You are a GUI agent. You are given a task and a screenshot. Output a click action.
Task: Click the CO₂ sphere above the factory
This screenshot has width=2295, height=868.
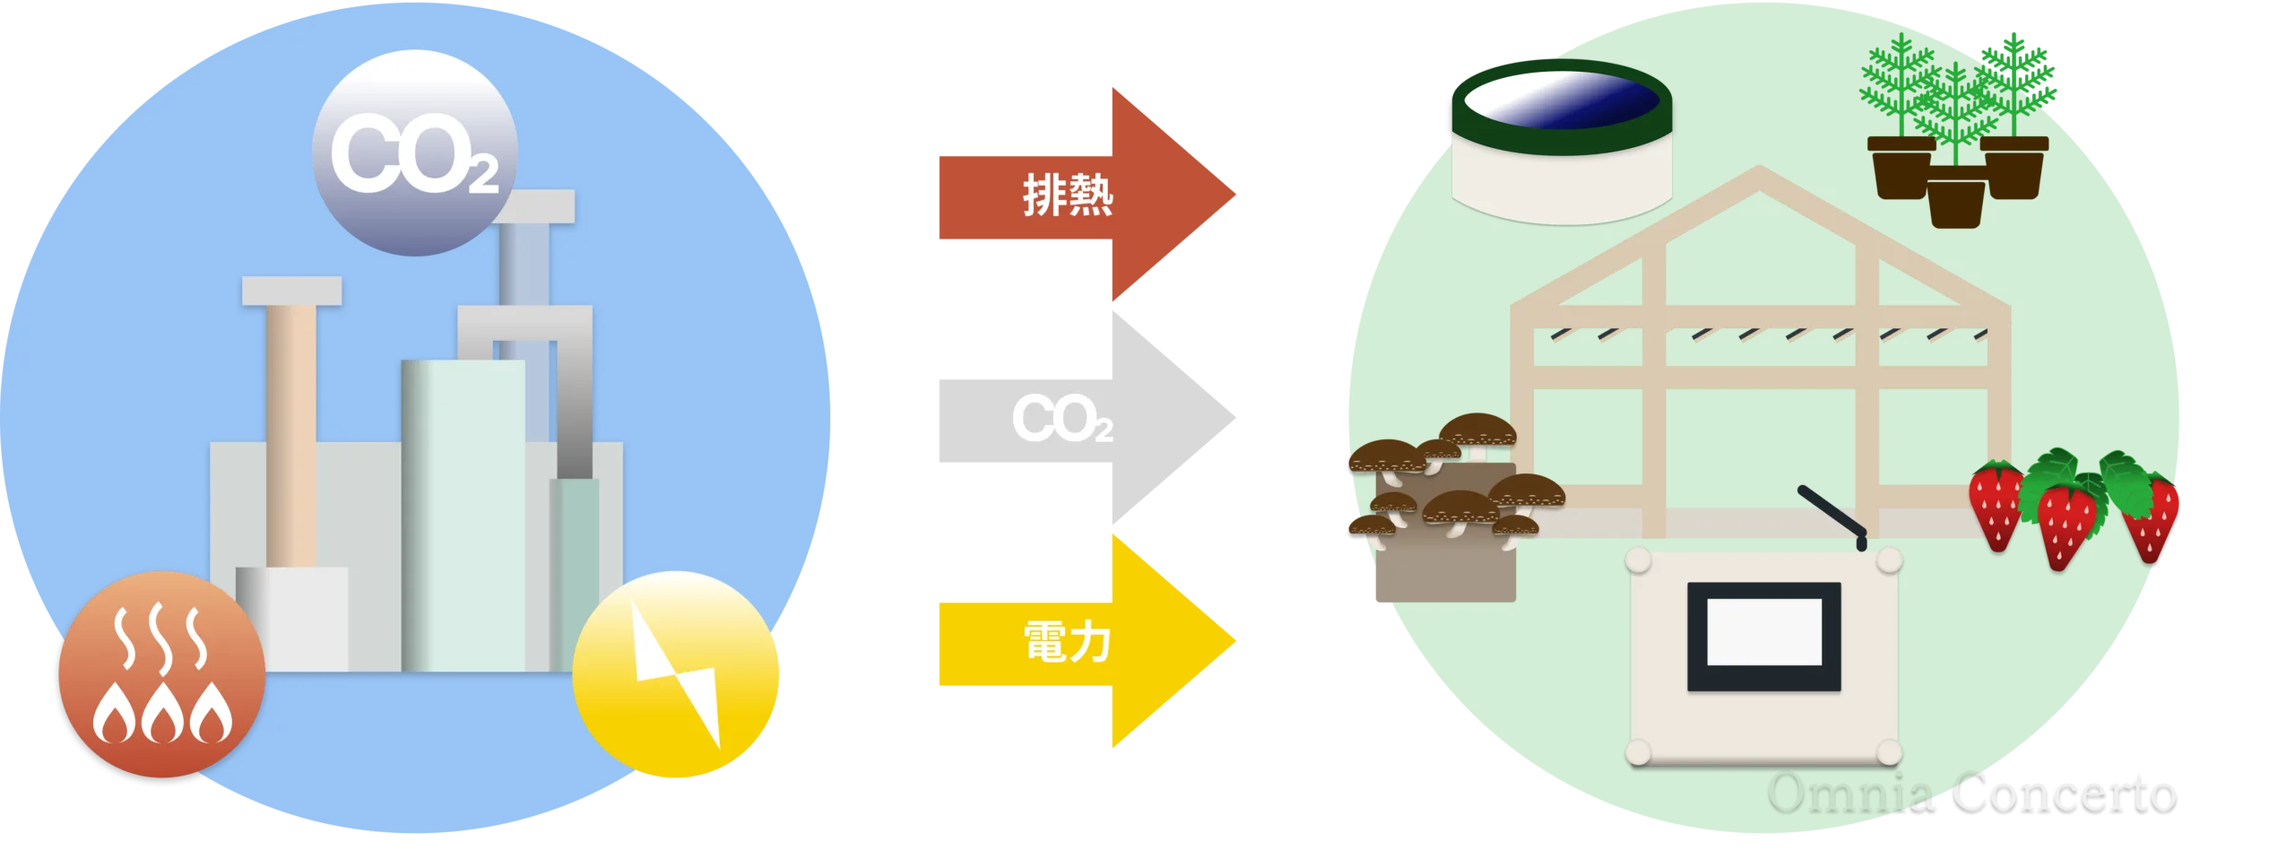click(414, 152)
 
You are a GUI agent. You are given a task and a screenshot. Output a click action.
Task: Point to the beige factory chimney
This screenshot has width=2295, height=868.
click(290, 430)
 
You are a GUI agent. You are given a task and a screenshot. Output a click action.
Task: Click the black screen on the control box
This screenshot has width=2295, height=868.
click(1763, 637)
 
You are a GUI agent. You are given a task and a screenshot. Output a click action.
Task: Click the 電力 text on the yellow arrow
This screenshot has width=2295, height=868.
click(1067, 643)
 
